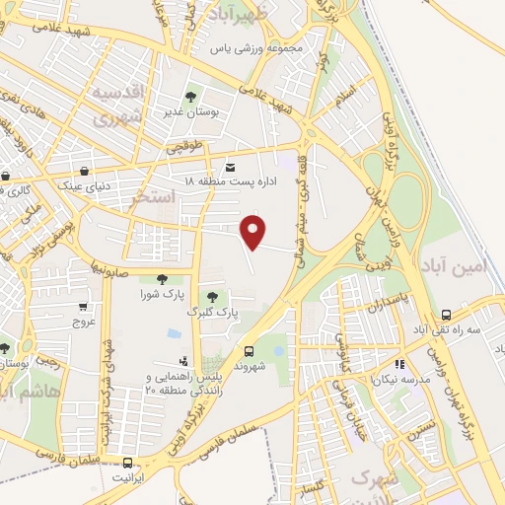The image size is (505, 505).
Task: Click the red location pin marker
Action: coord(254,231)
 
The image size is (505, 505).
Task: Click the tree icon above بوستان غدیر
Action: coord(189,97)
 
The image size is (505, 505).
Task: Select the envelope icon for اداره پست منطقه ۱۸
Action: coord(230,167)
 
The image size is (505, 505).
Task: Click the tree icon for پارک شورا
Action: coord(161,279)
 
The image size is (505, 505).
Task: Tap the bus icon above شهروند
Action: coord(248,350)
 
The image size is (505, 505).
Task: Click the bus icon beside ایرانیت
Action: coord(128,462)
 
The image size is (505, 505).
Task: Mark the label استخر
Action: coord(154,198)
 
